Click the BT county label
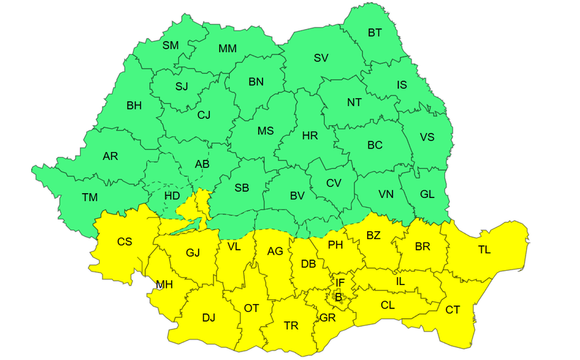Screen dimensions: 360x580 tap(375, 33)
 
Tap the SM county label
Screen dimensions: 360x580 tap(170, 45)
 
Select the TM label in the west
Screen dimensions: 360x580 tap(90, 197)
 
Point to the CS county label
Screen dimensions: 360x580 tap(124, 242)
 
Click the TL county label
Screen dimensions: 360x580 tap(484, 250)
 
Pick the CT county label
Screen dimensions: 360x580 tap(453, 309)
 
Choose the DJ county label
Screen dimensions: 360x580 tap(209, 318)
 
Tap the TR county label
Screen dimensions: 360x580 tap(291, 325)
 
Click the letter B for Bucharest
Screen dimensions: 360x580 tap(338, 298)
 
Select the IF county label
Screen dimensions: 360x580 tap(340, 283)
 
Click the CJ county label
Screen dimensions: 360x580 tap(204, 115)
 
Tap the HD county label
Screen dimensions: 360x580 tap(172, 195)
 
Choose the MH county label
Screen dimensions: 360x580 tap(165, 285)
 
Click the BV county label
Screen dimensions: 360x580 tap(297, 196)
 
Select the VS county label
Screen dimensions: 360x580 tap(427, 137)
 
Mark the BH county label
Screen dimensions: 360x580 tap(134, 106)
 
